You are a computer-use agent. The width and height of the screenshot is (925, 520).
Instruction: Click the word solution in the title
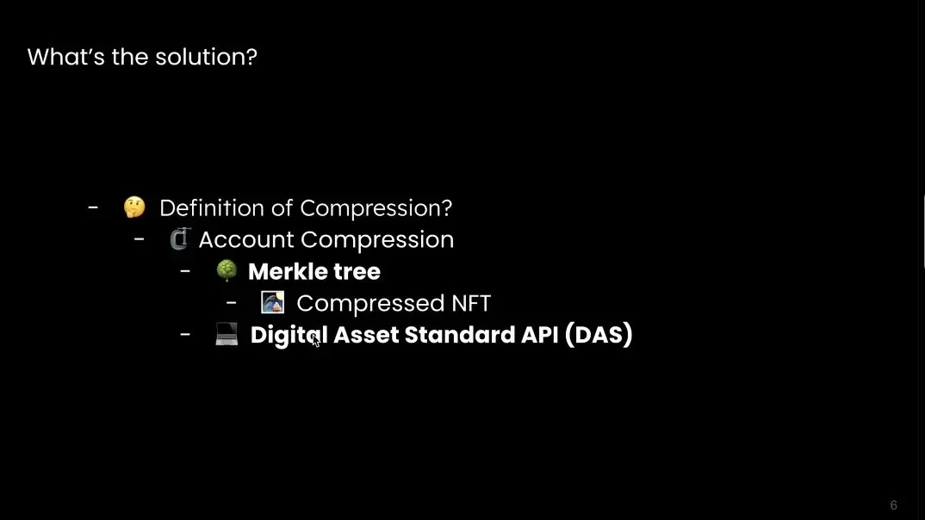pyautogui.click(x=206, y=57)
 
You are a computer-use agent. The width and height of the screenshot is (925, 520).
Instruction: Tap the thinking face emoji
pyautogui.click(x=134, y=207)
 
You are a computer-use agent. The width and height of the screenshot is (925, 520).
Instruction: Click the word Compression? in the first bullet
pyautogui.click(x=376, y=208)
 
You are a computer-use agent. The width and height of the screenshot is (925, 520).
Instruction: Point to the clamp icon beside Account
pyautogui.click(x=180, y=238)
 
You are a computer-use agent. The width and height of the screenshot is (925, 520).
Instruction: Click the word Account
pyautogui.click(x=246, y=240)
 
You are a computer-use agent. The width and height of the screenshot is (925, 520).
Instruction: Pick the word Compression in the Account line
pyautogui.click(x=377, y=240)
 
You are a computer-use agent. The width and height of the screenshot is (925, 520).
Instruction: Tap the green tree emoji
pyautogui.click(x=227, y=270)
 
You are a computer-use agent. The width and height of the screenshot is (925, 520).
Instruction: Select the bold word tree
pyautogui.click(x=357, y=272)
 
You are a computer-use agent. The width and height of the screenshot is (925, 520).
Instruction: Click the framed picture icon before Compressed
pyautogui.click(x=272, y=302)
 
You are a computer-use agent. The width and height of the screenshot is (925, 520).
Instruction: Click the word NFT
pyautogui.click(x=471, y=304)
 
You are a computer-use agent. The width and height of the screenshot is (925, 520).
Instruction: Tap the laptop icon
pyautogui.click(x=227, y=334)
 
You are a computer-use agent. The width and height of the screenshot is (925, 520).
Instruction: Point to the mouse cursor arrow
pyautogui.click(x=315, y=339)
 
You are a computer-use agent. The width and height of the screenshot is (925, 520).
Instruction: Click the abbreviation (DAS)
pyautogui.click(x=599, y=335)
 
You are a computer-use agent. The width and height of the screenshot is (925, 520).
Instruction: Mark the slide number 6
pyautogui.click(x=893, y=505)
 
